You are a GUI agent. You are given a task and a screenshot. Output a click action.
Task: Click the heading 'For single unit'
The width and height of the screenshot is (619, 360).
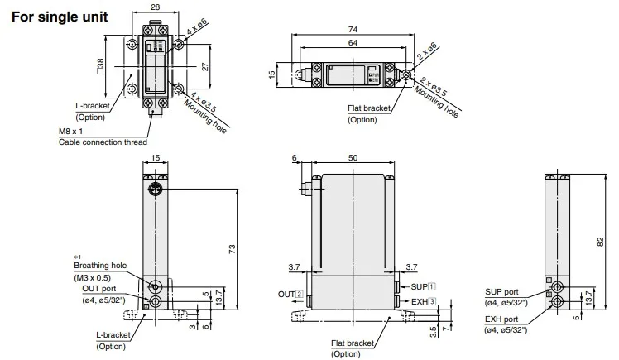pos(59,16)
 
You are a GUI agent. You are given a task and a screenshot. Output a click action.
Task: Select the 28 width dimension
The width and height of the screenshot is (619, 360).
pos(156,7)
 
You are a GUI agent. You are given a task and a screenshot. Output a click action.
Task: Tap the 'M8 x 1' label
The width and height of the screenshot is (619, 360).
pos(72,132)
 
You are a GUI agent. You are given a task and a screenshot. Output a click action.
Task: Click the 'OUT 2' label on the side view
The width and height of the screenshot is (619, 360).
pos(290,294)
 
